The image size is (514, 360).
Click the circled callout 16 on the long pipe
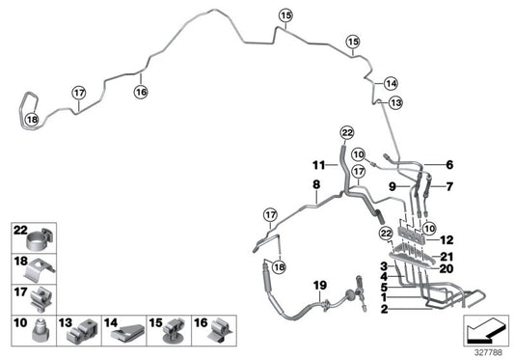pos(141,92)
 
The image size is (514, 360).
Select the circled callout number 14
pos(391,83)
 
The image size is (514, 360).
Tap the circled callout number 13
pos(395,102)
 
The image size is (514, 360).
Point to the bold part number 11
pos(318,165)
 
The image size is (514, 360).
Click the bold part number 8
pos(316,184)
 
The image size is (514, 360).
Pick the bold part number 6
pos(449,165)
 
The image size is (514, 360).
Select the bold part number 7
pos(449,186)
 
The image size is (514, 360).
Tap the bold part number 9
pos(392,186)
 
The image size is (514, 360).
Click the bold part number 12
pos(446,240)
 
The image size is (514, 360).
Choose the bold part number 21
pos(446,257)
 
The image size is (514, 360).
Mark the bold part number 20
pos(446,268)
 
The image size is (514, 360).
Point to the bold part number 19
pos(320,285)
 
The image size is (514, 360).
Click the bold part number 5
pos(384,288)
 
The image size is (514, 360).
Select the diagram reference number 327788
pos(488,353)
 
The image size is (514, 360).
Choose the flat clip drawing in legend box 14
pos(126,334)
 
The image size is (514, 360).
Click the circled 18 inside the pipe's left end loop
pos(32,120)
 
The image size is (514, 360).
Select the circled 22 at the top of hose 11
pos(347,133)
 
